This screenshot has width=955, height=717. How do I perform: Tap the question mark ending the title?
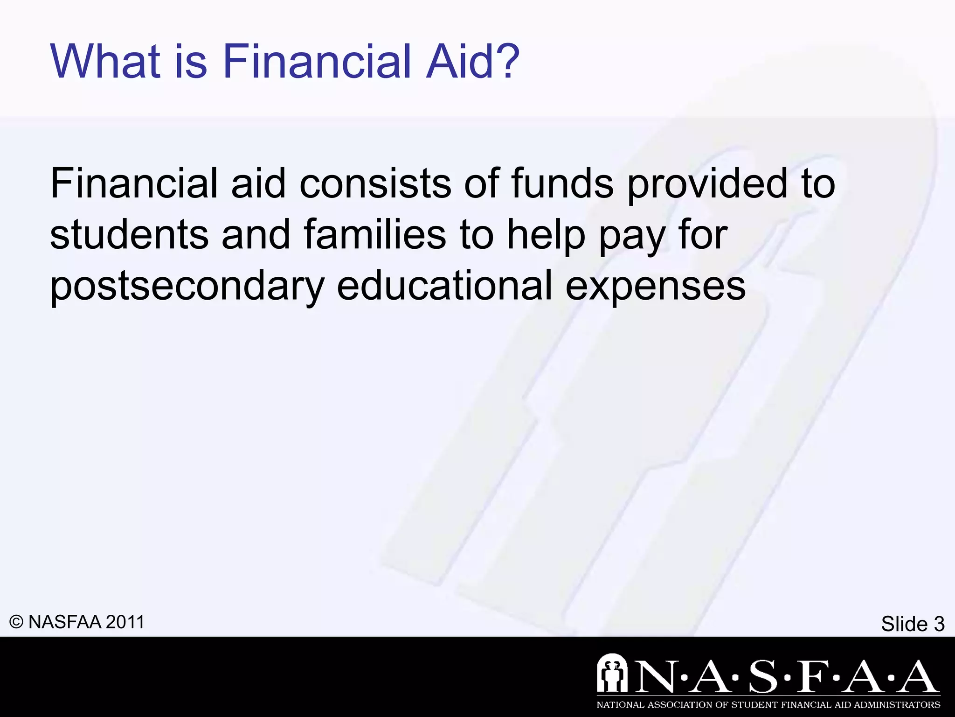[x=506, y=62]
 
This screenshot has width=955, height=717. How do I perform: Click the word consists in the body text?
[x=375, y=184]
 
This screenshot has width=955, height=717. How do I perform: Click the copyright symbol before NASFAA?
[x=16, y=622]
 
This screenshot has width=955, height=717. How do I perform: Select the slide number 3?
[x=938, y=624]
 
